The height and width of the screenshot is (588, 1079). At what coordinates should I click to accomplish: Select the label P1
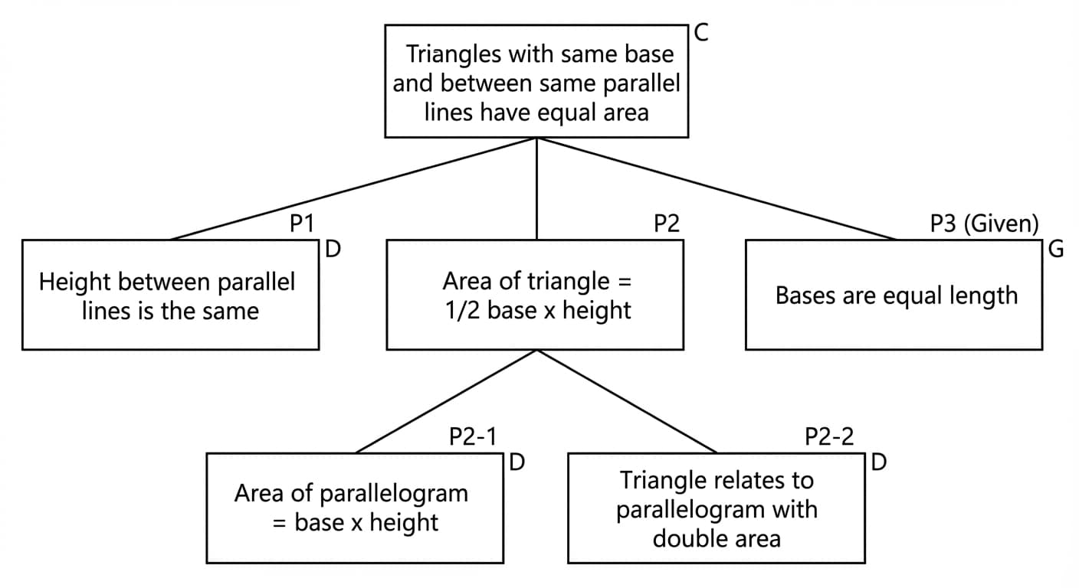[x=302, y=224]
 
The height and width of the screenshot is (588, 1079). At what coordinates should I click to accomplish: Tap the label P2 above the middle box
[x=666, y=224]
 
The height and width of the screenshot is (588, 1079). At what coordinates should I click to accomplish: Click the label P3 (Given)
[x=984, y=224]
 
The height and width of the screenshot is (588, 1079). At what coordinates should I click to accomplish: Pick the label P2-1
[x=473, y=437]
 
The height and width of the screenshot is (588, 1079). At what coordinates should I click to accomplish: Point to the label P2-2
[x=829, y=437]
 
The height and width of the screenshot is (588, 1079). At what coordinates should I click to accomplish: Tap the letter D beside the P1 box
[x=333, y=250]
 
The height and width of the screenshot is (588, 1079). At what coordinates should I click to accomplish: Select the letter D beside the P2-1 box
[x=517, y=463]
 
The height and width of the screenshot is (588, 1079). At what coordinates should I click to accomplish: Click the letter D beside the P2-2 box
[x=879, y=463]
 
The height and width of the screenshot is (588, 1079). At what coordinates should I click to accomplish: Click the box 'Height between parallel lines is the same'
[x=170, y=296]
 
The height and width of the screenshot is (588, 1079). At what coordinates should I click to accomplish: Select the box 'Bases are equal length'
[x=894, y=296]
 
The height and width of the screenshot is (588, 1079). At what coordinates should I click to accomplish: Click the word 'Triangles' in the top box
[x=453, y=54]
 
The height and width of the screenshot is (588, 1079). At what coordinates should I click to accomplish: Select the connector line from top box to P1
[x=353, y=189]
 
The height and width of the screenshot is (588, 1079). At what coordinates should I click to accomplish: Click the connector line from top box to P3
[x=717, y=189]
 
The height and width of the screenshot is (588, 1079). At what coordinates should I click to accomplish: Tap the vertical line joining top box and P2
[x=536, y=189]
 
